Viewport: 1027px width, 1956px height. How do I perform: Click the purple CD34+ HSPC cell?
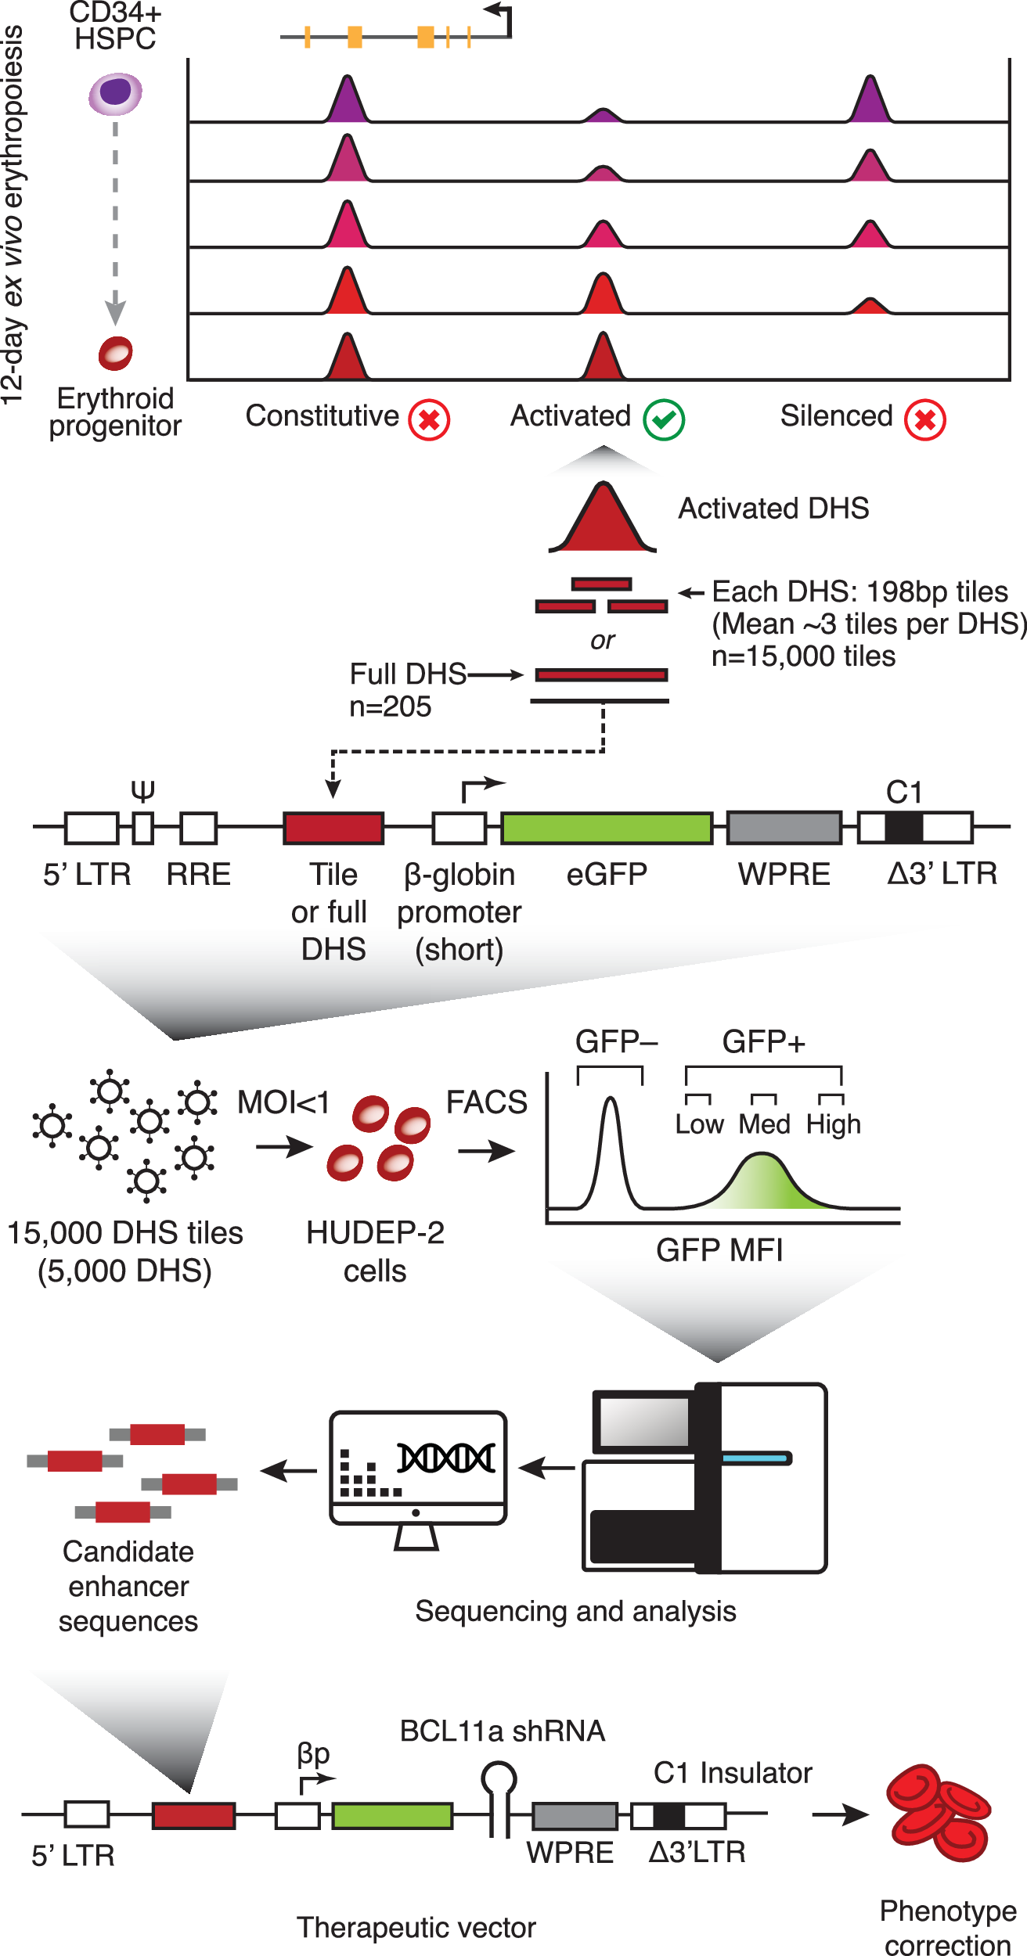[115, 93]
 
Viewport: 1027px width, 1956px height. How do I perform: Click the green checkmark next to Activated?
[664, 419]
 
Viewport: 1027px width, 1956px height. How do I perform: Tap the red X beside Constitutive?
[429, 419]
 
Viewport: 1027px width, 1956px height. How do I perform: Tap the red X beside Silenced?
[924, 419]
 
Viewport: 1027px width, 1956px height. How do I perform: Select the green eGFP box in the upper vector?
[607, 828]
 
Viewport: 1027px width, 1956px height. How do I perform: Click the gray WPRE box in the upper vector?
[784, 828]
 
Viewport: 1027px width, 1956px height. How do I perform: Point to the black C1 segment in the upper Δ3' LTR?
[903, 828]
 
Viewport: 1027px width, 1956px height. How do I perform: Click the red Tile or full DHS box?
[333, 828]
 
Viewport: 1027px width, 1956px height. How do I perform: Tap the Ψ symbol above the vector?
[142, 791]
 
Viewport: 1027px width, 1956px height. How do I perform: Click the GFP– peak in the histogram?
[611, 1150]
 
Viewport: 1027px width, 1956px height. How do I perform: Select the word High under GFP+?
[834, 1124]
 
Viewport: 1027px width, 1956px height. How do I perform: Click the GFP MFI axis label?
[719, 1250]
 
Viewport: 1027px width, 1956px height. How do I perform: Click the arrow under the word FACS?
[486, 1151]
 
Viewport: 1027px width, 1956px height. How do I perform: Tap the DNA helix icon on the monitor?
[446, 1458]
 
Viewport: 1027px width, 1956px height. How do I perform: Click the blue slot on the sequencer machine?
[756, 1458]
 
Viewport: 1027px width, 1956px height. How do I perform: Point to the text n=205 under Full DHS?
[390, 707]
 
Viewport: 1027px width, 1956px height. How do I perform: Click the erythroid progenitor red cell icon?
[115, 353]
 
